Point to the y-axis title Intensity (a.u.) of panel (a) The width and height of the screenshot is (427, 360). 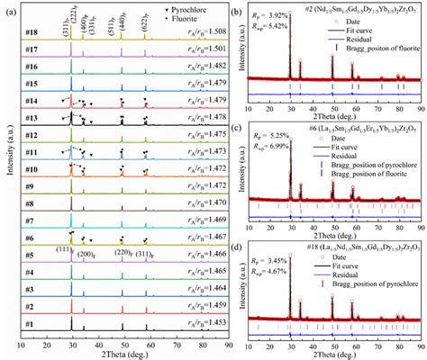(7, 180)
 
